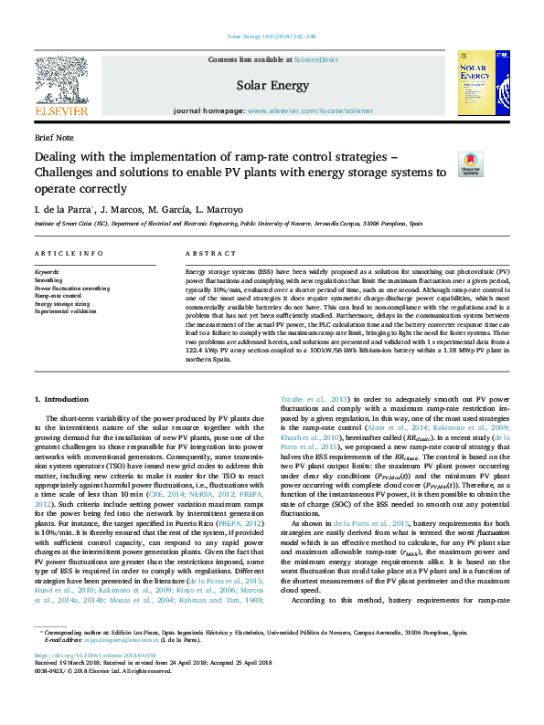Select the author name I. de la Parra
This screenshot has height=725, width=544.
60,209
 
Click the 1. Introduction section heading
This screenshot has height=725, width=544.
61,399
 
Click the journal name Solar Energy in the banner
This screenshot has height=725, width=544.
272,85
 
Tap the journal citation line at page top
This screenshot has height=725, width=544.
272,37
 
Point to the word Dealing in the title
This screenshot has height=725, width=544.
59,155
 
